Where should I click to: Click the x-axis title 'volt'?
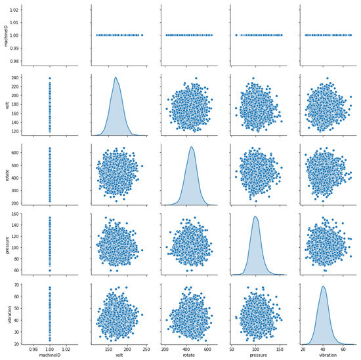tap(119, 355)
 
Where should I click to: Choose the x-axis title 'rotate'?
tap(188, 355)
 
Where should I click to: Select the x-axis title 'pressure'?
tap(257, 355)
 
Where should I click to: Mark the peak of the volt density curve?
tap(116, 77)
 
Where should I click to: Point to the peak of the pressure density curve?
tap(255, 216)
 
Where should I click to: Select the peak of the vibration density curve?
tap(324, 285)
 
